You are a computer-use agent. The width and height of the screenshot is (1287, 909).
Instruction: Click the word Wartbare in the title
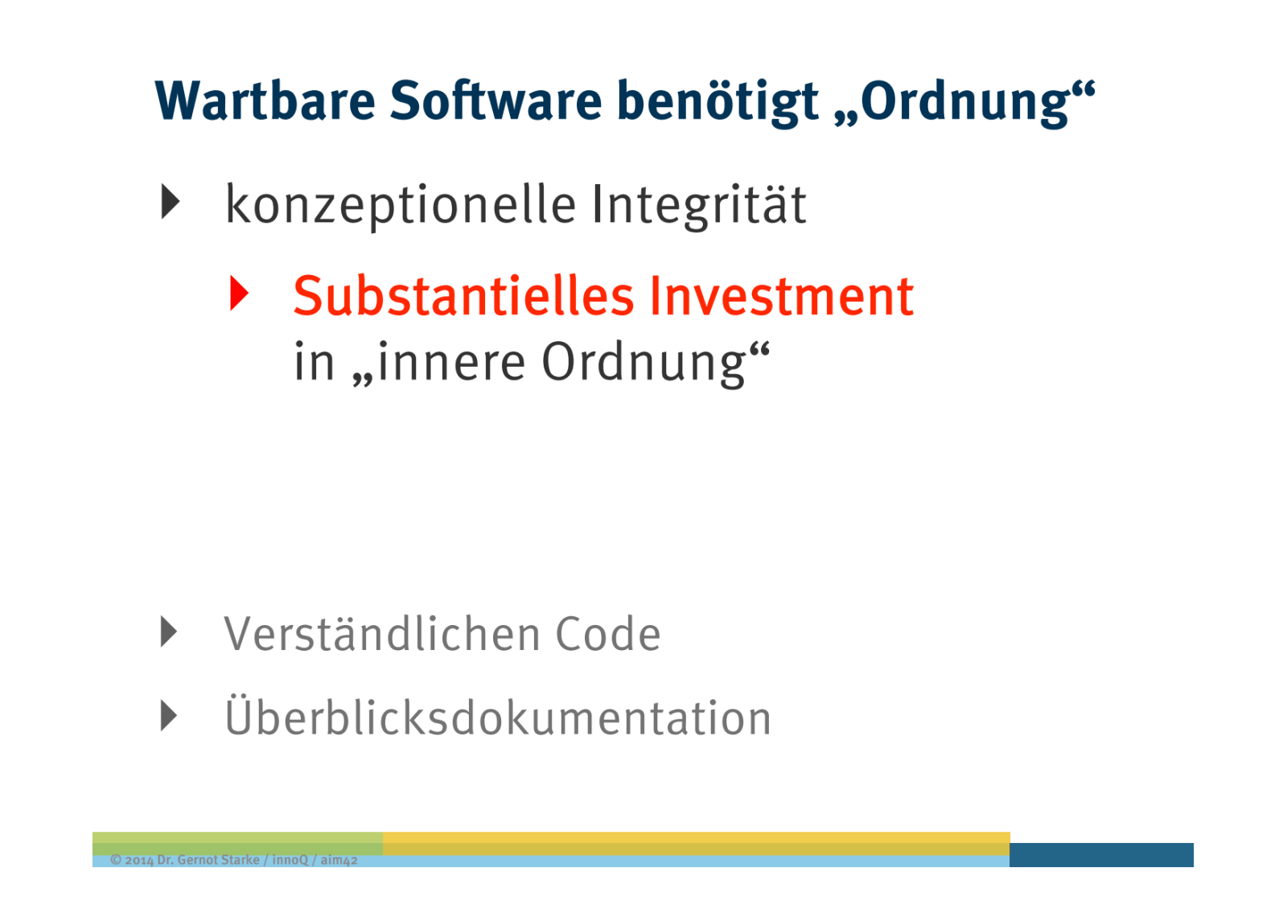point(265,101)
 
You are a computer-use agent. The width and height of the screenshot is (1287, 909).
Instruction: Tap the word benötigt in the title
point(718,102)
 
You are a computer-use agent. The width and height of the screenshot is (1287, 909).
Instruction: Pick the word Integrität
point(699,204)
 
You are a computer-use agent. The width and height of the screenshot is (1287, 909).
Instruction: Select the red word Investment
point(781,297)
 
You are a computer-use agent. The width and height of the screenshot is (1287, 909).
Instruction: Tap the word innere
point(451,363)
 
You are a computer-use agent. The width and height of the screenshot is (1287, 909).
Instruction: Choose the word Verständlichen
point(382,634)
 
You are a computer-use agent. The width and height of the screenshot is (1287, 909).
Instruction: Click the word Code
point(608,635)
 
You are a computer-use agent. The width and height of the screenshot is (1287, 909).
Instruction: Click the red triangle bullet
point(239,293)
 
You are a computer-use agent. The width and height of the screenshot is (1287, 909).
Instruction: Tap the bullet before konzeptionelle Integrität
point(171,202)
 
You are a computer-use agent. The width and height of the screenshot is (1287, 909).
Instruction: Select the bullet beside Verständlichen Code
point(169,632)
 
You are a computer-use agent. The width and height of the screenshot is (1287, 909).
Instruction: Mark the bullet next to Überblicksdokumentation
point(169,716)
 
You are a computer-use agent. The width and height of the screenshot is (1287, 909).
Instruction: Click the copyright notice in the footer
point(234,860)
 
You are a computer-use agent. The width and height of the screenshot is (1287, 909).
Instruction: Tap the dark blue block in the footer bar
point(1101,855)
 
